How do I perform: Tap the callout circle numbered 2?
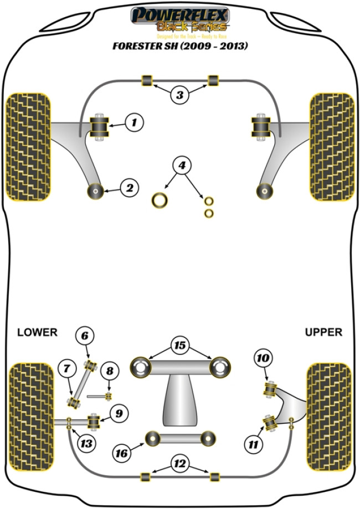[129, 188]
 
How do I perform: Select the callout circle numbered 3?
[179, 95]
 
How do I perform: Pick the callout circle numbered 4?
[181, 165]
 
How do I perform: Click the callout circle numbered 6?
[85, 336]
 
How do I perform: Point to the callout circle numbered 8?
[110, 371]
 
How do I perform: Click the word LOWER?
[37, 332]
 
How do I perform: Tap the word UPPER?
[323, 332]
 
